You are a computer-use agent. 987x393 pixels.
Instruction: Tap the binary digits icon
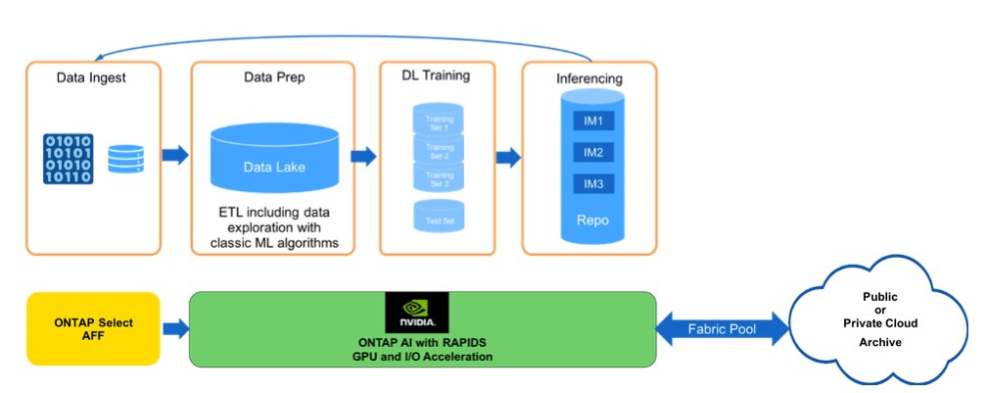point(68,159)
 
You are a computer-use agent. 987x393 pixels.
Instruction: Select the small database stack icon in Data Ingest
point(125,158)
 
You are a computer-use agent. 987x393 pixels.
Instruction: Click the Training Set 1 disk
point(438,122)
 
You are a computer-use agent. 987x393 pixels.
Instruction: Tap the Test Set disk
point(438,218)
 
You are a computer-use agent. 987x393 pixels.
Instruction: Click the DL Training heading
point(436,74)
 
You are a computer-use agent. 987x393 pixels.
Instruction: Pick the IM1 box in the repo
point(592,122)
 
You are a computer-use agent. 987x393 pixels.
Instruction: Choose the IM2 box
point(592,153)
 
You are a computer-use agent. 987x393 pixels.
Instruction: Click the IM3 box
point(592,184)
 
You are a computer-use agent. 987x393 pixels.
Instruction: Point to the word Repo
point(592,221)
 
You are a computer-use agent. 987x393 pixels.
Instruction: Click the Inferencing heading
point(589,76)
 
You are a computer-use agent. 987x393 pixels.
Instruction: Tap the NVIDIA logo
point(417,311)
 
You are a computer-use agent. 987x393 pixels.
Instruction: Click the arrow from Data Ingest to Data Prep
point(175,154)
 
